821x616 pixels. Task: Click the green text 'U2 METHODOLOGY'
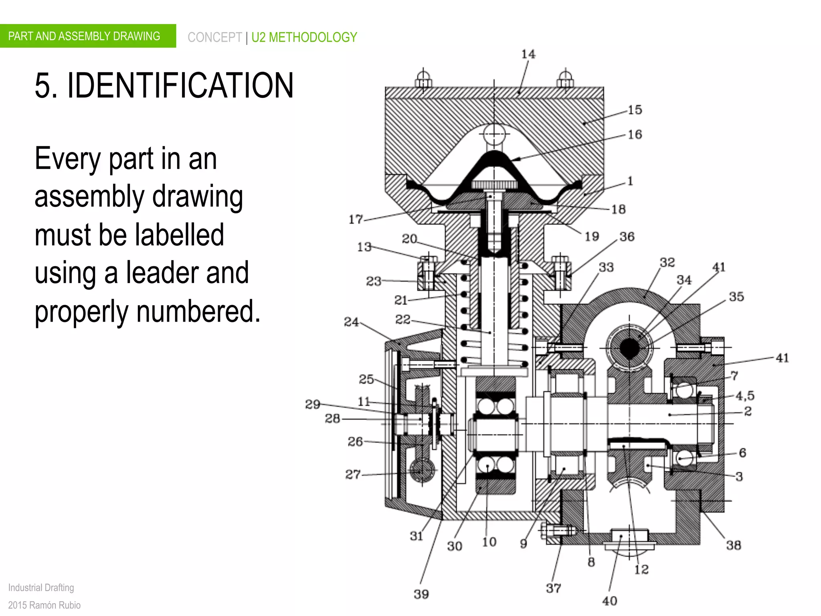coord(304,37)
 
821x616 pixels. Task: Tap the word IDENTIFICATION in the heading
coord(180,85)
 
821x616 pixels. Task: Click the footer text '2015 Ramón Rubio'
coord(44,605)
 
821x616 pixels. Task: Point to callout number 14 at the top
coord(528,54)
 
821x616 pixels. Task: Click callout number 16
coord(635,134)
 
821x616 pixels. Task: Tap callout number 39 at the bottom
coord(421,594)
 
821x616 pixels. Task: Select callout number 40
coord(609,601)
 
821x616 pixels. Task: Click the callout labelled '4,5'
coord(745,396)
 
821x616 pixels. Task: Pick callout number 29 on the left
coord(313,404)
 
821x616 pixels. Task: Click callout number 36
coord(627,237)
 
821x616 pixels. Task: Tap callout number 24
coord(351,322)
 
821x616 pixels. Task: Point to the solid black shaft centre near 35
coord(629,347)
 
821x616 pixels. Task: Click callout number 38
coord(733,545)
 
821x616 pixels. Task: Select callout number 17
coord(356,219)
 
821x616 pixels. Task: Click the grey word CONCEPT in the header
coord(214,37)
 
